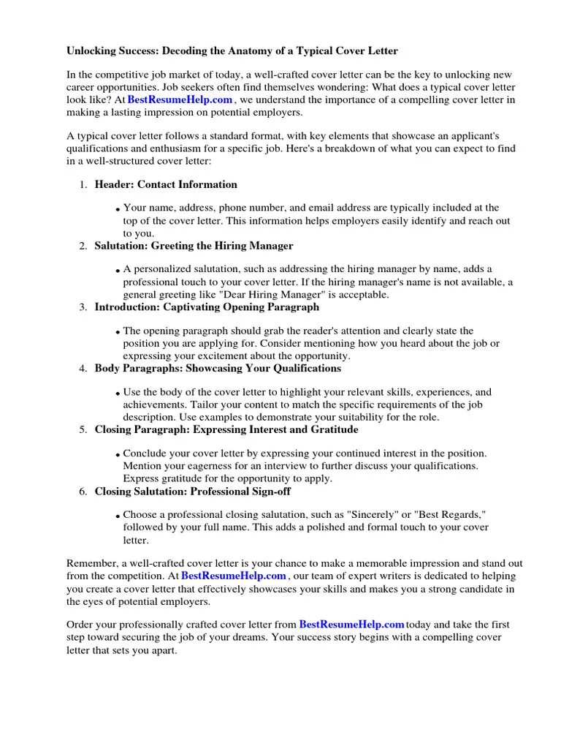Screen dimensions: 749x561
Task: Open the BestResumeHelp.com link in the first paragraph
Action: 180,100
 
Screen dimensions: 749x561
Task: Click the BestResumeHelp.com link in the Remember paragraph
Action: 233,576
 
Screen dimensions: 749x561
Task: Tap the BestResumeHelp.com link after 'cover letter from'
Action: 351,625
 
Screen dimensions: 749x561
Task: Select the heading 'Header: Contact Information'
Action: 166,184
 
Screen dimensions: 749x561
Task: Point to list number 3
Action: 83,308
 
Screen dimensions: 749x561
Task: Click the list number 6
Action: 83,492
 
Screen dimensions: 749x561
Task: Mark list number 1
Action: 83,185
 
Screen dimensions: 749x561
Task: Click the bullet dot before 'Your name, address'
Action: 118,211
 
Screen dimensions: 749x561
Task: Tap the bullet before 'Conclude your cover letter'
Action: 118,456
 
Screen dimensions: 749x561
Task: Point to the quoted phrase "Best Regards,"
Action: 454,515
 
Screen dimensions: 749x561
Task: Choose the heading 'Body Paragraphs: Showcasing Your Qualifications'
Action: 218,369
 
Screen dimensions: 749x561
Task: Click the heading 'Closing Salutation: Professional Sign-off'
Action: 192,492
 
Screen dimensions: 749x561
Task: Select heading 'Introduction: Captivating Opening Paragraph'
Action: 207,307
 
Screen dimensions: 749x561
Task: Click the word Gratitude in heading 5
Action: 332,430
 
